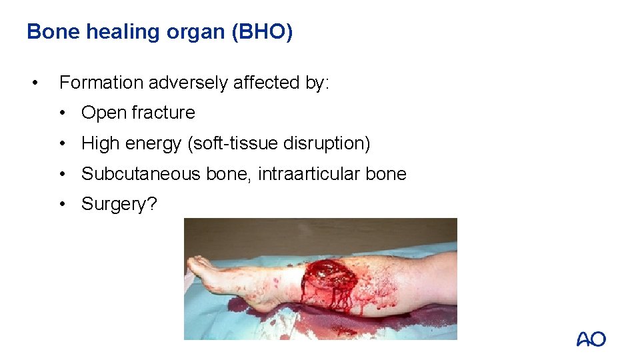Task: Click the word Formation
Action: coord(101,83)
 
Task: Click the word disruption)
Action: coord(327,143)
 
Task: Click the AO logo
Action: coord(591,339)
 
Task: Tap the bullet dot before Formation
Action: coord(35,83)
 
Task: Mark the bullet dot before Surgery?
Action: coord(62,204)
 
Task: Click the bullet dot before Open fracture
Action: coord(62,113)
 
